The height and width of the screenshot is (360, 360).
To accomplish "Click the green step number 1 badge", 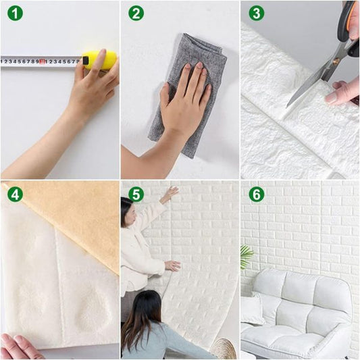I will click(14, 13).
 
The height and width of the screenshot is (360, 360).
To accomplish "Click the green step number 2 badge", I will click(136, 13).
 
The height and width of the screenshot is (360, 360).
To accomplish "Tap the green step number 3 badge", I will click(256, 13).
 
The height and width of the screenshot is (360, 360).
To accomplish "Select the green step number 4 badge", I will click(14, 195).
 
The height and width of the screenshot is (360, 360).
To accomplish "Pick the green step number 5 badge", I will click(136, 195).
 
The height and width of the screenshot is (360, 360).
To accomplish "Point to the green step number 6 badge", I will click(256, 195).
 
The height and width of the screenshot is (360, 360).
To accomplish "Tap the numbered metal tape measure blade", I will click(41, 61).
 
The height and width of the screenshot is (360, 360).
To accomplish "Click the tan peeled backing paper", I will click(74, 216).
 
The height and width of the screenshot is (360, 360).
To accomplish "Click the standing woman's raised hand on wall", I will click(170, 194).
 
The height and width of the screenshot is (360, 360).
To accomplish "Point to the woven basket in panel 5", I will click(223, 349).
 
